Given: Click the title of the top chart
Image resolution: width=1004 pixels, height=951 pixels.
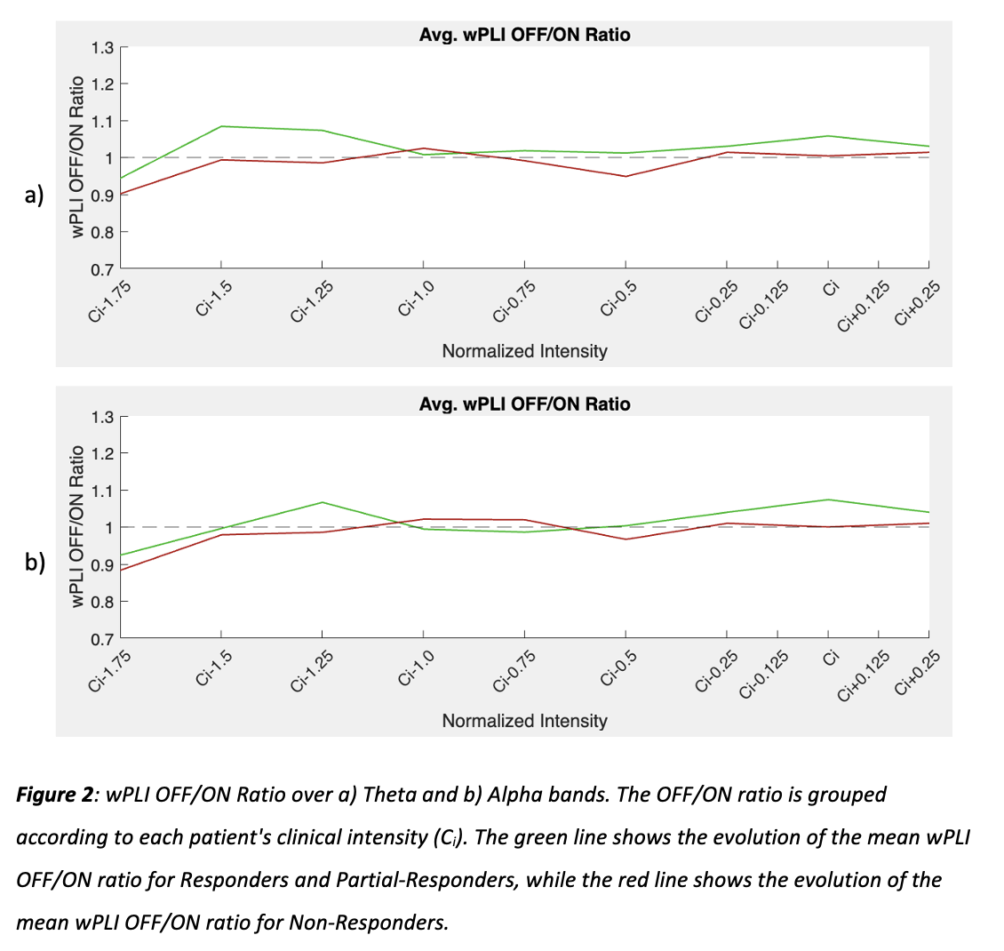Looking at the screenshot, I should pos(524,35).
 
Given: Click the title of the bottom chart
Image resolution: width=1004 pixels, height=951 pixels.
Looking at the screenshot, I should pos(524,404).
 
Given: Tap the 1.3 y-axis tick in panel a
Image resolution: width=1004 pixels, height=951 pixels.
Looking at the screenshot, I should pos(103,47).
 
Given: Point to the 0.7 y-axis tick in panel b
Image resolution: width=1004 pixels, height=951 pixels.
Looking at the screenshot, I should pos(103,639).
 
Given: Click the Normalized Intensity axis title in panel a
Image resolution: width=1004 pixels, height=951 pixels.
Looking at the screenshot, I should pos(524,351).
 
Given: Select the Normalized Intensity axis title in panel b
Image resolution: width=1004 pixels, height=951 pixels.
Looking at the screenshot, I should pos(524,721).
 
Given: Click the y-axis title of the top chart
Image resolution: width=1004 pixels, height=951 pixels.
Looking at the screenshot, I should pos(78,157).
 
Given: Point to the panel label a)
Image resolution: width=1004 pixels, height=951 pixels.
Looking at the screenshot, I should pos(33,195).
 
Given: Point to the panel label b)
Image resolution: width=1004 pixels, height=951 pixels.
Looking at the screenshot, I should pos(33,564).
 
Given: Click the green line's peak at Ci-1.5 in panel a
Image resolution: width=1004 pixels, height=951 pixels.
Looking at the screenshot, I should pos(220,126).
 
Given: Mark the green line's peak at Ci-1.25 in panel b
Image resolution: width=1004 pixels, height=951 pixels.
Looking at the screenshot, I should pos(322,502).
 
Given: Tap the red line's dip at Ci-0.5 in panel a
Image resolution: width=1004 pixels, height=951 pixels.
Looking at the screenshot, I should pos(626,176).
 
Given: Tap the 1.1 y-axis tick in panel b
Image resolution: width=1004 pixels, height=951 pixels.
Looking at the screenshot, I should pos(103,491).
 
